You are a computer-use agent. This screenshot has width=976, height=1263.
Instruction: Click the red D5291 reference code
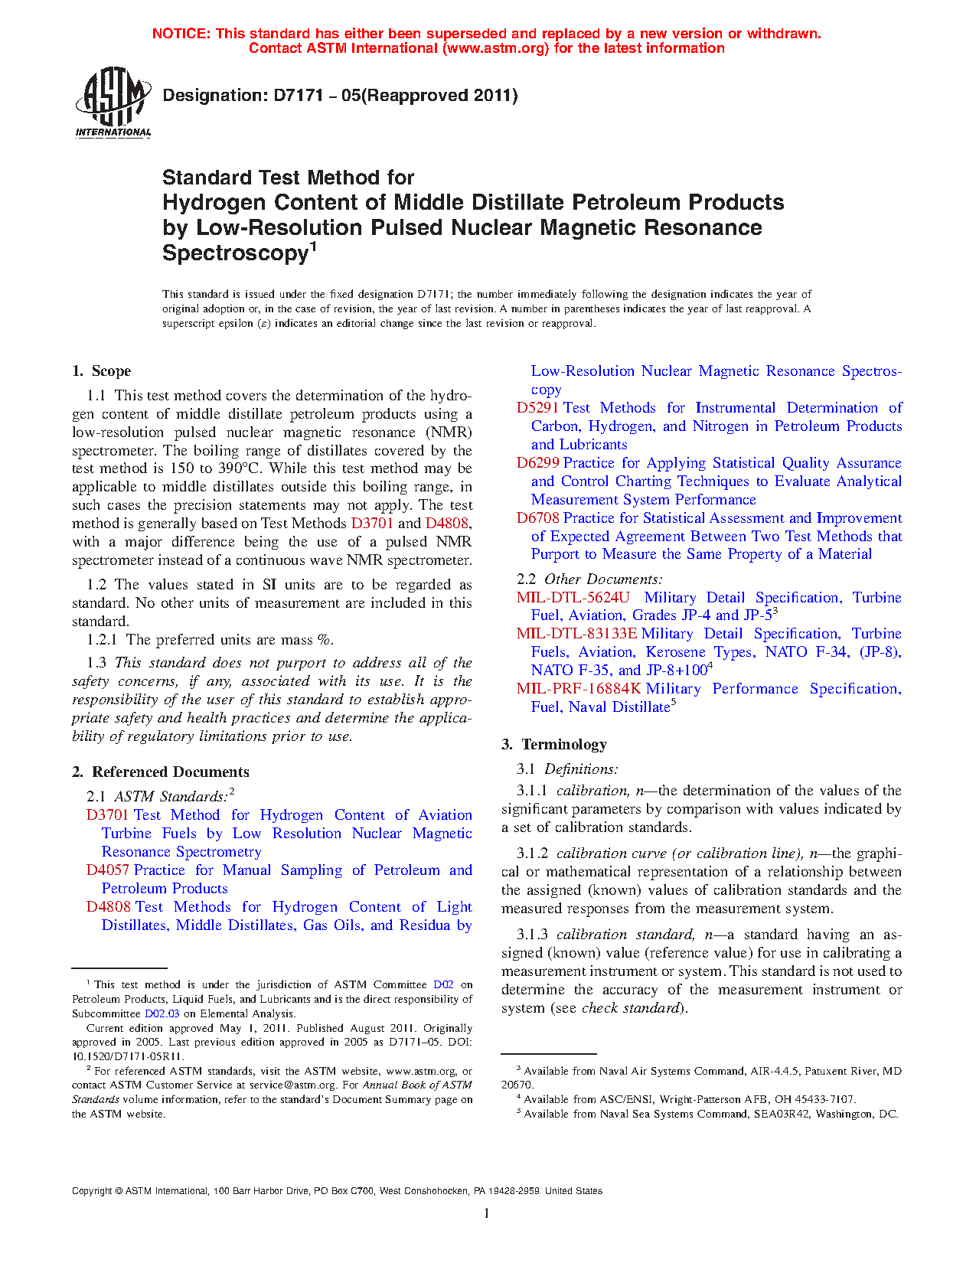coord(537,408)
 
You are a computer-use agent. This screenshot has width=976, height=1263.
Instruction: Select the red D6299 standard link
coord(537,463)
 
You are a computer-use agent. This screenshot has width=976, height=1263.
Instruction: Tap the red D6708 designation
coord(537,518)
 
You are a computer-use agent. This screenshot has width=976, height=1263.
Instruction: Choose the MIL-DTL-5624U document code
coord(573,598)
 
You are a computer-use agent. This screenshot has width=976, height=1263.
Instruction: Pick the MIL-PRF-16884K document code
coord(579,689)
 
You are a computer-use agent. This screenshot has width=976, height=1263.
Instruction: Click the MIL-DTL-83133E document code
coord(576,634)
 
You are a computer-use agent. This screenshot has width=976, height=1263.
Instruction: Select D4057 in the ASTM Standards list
coord(107,870)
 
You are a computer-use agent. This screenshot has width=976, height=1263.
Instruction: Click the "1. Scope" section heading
coord(101,371)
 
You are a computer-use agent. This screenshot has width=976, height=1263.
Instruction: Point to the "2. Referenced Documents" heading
coord(161,772)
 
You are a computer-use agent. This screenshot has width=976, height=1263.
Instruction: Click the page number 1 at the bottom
coord(487,1213)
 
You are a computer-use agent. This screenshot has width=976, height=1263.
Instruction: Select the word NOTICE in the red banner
coord(181,34)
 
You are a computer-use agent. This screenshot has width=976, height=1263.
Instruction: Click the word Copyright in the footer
coord(92,1191)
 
